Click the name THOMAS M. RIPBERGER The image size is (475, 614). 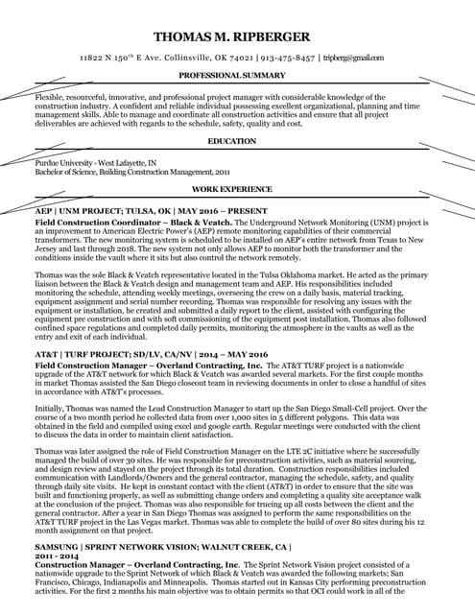[237, 36]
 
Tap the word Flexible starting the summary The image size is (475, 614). [50, 98]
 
